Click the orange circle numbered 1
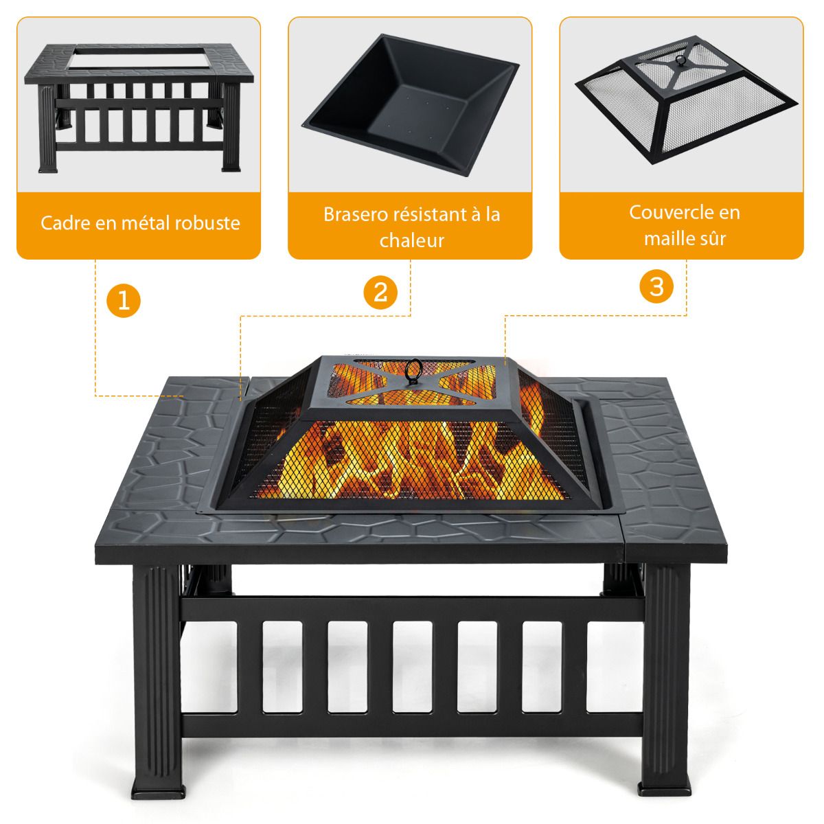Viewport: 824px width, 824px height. (124, 300)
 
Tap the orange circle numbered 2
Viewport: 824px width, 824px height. (380, 292)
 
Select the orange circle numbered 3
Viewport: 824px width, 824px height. (656, 286)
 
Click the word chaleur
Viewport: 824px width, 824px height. (412, 240)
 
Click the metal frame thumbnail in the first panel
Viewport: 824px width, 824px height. (139, 108)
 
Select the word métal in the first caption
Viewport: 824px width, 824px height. (145, 223)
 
